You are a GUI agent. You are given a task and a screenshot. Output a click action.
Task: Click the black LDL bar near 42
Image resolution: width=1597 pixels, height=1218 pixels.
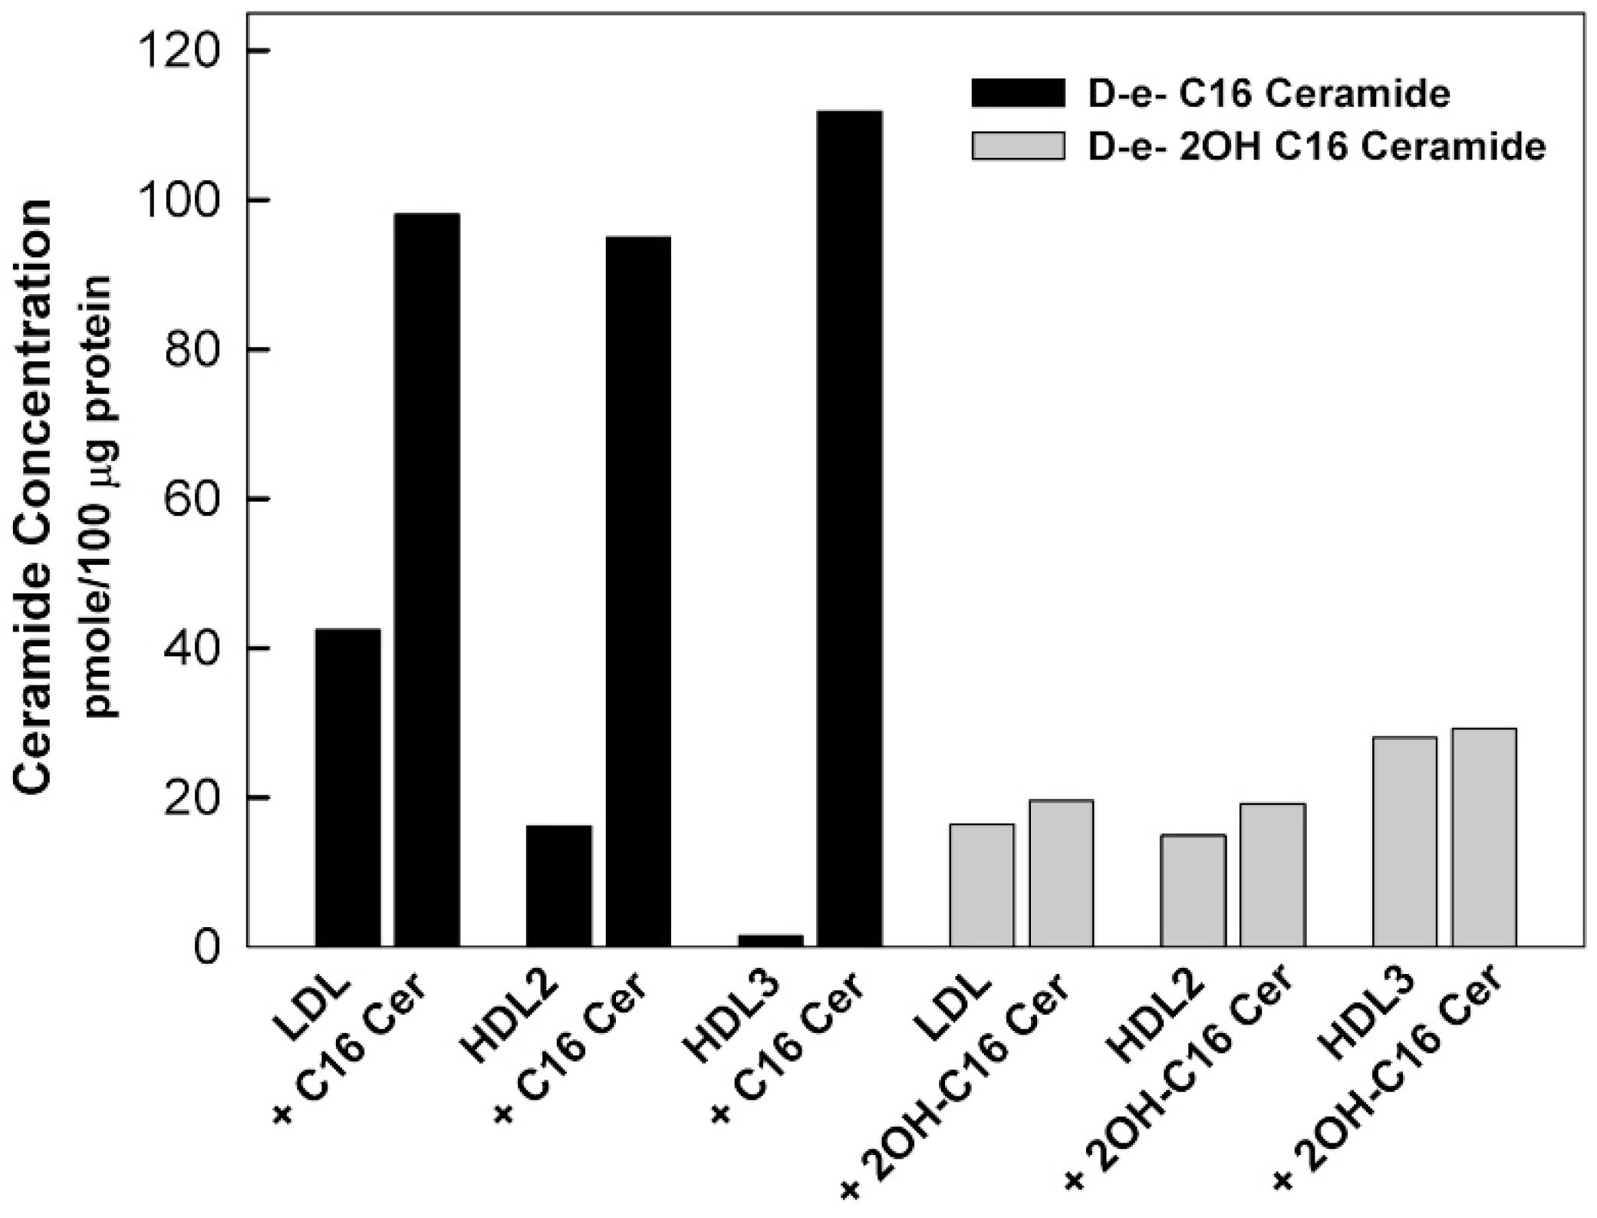347,787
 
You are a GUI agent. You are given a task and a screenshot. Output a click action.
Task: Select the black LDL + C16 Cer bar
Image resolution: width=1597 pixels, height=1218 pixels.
426,579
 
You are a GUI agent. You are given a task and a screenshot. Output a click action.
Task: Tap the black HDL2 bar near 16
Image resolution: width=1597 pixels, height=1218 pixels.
559,886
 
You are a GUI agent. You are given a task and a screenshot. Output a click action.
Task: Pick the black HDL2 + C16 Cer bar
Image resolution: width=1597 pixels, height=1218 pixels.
638,591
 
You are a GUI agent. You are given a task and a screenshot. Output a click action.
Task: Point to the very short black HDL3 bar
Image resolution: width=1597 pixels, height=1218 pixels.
770,940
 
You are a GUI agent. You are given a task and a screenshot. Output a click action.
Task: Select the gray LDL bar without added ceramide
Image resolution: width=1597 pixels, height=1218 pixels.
981,885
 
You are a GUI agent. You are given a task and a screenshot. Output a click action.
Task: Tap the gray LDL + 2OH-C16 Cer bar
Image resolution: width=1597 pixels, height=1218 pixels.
1061,873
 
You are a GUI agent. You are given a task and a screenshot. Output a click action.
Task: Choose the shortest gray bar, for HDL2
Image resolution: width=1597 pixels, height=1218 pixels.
1193,890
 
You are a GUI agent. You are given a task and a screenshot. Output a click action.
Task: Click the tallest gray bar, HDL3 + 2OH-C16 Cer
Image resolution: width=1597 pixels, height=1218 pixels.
1483,837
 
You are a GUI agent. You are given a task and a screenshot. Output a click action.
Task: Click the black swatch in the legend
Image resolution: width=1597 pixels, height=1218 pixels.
1018,93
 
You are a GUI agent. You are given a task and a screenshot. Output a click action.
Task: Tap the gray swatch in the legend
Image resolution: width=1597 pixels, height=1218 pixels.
1018,146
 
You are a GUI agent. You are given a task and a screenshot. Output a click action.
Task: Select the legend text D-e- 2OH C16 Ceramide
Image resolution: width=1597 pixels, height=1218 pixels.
1316,147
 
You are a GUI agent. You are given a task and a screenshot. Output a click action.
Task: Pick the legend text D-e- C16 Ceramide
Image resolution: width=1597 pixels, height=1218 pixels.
1269,94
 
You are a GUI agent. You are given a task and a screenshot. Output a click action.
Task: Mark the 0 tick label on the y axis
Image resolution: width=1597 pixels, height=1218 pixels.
206,949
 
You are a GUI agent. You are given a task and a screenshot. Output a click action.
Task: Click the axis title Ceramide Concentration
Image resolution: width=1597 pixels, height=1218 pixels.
32,495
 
